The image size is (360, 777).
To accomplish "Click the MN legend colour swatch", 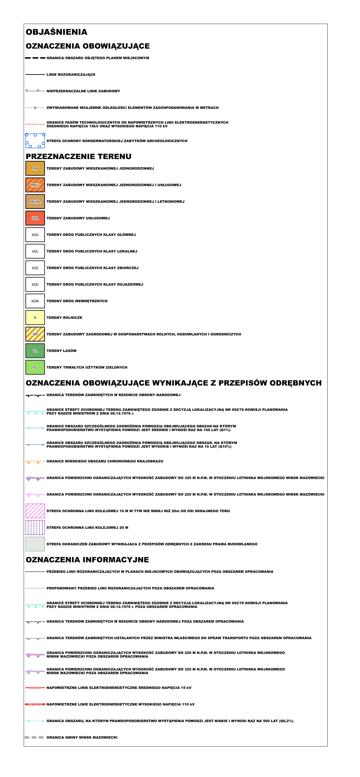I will (35, 168).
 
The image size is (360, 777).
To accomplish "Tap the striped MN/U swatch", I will (35, 185).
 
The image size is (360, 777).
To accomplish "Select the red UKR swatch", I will (35, 218).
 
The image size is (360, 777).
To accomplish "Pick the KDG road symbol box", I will (35, 235).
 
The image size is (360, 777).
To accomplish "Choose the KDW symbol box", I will (35, 301).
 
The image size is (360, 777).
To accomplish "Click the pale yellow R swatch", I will (35, 318).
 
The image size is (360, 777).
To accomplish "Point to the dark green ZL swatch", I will (35, 351).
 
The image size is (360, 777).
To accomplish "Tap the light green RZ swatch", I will (35, 367).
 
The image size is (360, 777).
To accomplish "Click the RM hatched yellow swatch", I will (35, 334).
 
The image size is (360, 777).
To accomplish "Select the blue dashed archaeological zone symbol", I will (35, 141).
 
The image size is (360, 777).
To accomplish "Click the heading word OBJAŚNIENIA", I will (57, 32).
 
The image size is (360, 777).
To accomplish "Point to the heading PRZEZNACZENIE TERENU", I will (79, 157).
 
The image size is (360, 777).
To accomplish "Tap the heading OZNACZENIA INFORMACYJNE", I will (87, 560).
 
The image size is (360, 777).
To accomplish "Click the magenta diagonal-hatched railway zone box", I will (35, 511).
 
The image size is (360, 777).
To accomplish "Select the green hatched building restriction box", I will (35, 544).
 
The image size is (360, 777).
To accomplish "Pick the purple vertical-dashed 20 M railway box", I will (35, 528).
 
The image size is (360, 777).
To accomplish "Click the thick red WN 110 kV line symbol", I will (35, 704).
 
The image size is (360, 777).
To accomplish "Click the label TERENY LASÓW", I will (62, 351).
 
